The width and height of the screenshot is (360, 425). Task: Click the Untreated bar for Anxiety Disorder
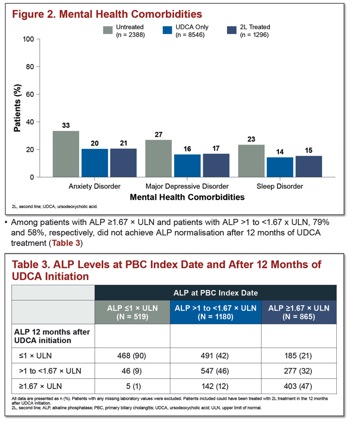(x=66, y=154)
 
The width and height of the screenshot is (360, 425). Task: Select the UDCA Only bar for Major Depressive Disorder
(x=187, y=165)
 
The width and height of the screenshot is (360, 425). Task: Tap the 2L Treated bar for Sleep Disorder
(x=309, y=166)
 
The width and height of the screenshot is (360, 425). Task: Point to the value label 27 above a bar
(x=159, y=135)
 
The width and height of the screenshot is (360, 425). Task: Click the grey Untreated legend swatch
(x=108, y=30)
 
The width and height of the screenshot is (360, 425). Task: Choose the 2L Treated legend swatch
(x=232, y=30)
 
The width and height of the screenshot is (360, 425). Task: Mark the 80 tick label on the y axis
(x=30, y=66)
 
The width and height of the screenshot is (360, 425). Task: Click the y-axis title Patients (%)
(x=17, y=108)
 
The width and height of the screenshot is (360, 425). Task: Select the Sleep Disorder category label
(x=280, y=186)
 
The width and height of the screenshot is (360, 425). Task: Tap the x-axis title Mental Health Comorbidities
(x=187, y=197)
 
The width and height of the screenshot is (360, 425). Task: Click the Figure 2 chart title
(x=107, y=14)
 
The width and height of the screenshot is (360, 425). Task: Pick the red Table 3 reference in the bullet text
(x=66, y=243)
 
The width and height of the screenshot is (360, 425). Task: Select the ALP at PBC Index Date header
(x=215, y=293)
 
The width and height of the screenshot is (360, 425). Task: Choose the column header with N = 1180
(x=215, y=312)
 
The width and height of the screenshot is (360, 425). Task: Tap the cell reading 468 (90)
(x=132, y=356)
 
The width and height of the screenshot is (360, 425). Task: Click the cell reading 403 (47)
(x=298, y=386)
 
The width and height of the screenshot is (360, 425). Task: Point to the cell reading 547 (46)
(x=215, y=371)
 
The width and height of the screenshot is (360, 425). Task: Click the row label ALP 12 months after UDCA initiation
(x=52, y=336)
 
